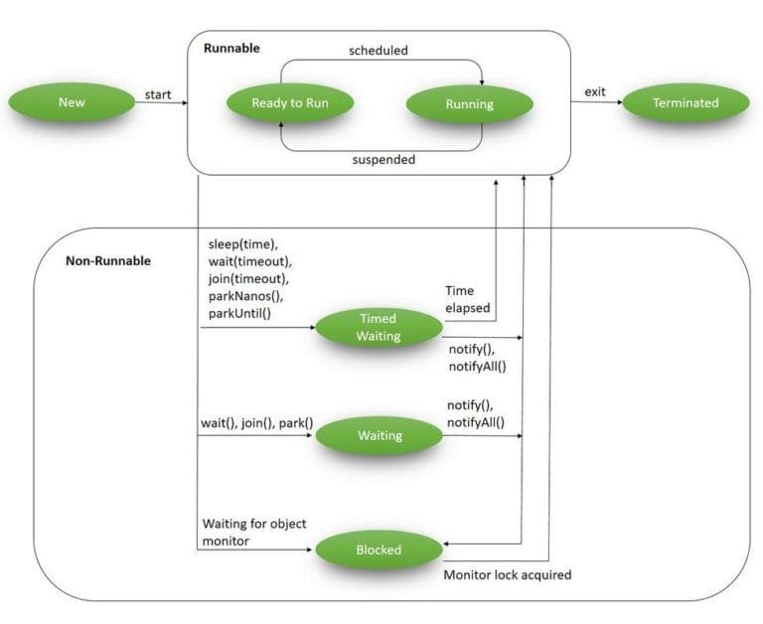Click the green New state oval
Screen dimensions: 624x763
pyautogui.click(x=72, y=102)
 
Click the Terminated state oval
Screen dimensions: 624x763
pyautogui.click(x=686, y=103)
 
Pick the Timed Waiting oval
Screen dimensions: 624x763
pyautogui.click(x=378, y=327)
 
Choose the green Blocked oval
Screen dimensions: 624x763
pyautogui.click(x=378, y=549)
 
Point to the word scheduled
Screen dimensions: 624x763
pyautogui.click(x=378, y=50)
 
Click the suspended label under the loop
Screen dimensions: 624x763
pyautogui.click(x=382, y=159)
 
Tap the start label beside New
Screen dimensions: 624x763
pyautogui.click(x=158, y=95)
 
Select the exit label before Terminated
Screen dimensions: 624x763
pyautogui.click(x=594, y=92)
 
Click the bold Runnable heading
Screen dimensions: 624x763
pyautogui.click(x=231, y=48)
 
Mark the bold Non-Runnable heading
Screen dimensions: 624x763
pyautogui.click(x=108, y=261)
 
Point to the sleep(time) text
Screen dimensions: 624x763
pyautogui.click(x=244, y=243)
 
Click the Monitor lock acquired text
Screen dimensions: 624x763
pyautogui.click(x=507, y=574)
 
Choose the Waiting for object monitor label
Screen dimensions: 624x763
pyautogui.click(x=254, y=532)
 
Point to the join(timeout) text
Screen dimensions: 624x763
pyautogui.click(x=248, y=279)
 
